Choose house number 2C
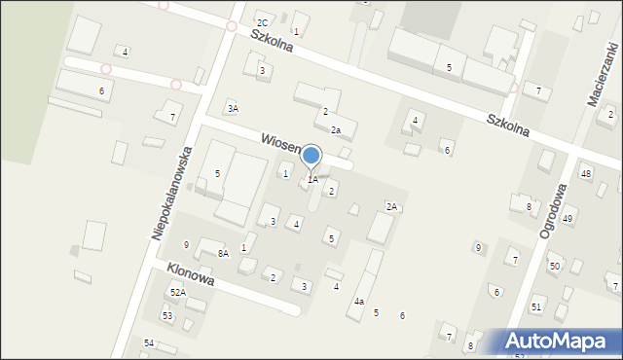[262, 22]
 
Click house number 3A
[232, 108]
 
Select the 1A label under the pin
[312, 180]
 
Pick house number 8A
[223, 254]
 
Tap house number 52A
[177, 292]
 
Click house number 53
[167, 316]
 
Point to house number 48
[585, 174]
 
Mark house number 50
[554, 266]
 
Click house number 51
[535, 307]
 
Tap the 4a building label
[358, 302]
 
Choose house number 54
[149, 343]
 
